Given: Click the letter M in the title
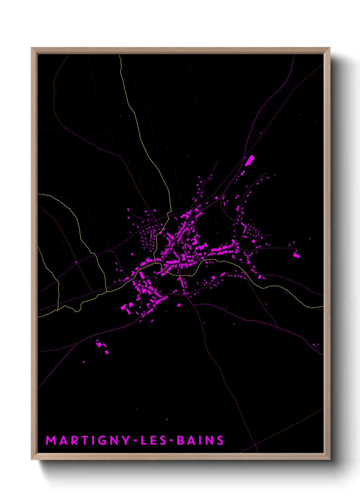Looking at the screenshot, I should pyautogui.click(x=51, y=440).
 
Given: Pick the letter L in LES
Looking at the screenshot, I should pyautogui.click(x=143, y=440).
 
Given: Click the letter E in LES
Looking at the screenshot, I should pyautogui.click(x=153, y=440).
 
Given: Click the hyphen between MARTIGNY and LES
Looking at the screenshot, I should pyautogui.click(x=135, y=441).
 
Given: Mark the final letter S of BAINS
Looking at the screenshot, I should pyautogui.click(x=220, y=440).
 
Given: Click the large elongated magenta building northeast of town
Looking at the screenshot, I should pyautogui.click(x=250, y=160).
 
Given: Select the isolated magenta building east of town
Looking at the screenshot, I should pyautogui.click(x=296, y=254).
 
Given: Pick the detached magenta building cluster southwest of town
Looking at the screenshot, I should pyautogui.click(x=101, y=346).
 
